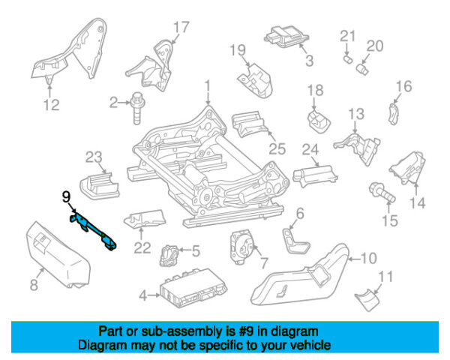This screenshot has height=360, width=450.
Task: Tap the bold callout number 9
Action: (x=66, y=197)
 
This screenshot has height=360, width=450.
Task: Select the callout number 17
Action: (x=181, y=28)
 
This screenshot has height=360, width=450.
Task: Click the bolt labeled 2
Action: (x=137, y=108)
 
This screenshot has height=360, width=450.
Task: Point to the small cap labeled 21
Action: (x=348, y=59)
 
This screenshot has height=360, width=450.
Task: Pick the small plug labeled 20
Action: (x=362, y=69)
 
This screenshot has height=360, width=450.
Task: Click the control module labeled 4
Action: (x=194, y=287)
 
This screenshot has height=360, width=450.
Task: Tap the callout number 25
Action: (x=277, y=148)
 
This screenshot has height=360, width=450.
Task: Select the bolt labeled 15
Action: (x=382, y=192)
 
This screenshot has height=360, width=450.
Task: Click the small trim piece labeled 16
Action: (x=392, y=114)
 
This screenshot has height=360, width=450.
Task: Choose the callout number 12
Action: (x=51, y=105)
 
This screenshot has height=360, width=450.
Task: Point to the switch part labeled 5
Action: (x=169, y=255)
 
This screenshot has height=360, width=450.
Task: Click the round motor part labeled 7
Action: (x=241, y=247)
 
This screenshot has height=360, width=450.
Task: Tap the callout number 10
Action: (x=368, y=258)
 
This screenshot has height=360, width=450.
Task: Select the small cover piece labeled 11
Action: (x=368, y=299)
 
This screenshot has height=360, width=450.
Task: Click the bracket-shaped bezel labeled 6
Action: (x=295, y=241)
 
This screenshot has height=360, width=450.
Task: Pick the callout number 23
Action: (x=94, y=157)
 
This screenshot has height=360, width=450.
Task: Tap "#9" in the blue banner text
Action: (x=246, y=331)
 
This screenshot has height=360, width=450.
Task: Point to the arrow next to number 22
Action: (x=141, y=233)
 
